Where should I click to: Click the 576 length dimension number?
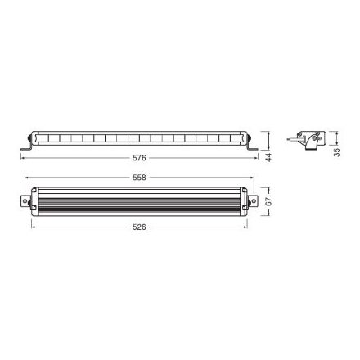pos(144,156)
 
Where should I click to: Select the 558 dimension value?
pos(144,178)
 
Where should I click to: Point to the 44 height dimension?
pos(268,156)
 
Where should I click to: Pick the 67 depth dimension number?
pos(268,201)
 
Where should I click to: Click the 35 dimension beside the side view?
pos(337,151)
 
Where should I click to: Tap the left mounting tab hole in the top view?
pos(23,200)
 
